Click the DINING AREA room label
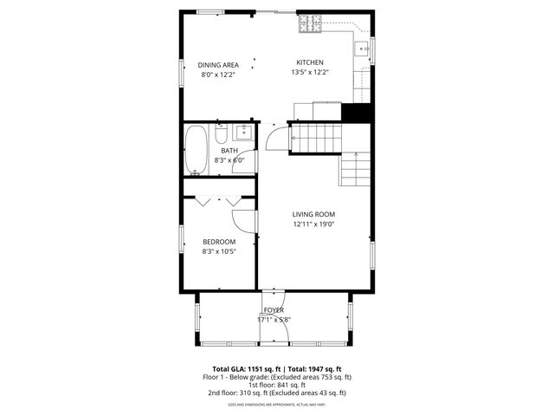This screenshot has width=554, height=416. [x=218, y=65]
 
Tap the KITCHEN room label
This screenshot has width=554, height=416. [x=310, y=62]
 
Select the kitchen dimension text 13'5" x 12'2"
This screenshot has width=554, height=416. [x=310, y=73]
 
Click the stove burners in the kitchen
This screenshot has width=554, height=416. [x=308, y=25]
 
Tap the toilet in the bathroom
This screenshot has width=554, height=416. [x=222, y=136]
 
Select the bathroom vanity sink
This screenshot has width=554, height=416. [x=243, y=133]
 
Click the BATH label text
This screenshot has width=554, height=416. [x=229, y=151]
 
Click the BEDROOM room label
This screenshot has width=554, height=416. [x=219, y=242]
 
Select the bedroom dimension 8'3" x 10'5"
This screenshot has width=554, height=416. [x=219, y=251]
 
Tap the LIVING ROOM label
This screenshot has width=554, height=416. [x=313, y=214]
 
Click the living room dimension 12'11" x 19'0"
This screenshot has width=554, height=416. [x=313, y=224]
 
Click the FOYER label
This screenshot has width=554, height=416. [x=274, y=310]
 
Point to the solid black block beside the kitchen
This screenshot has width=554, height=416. [x=356, y=113]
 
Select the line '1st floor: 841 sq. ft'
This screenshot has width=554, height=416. [x=277, y=385]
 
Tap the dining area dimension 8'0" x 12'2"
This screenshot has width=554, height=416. [x=218, y=75]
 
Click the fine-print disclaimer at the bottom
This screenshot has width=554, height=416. [x=277, y=405]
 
